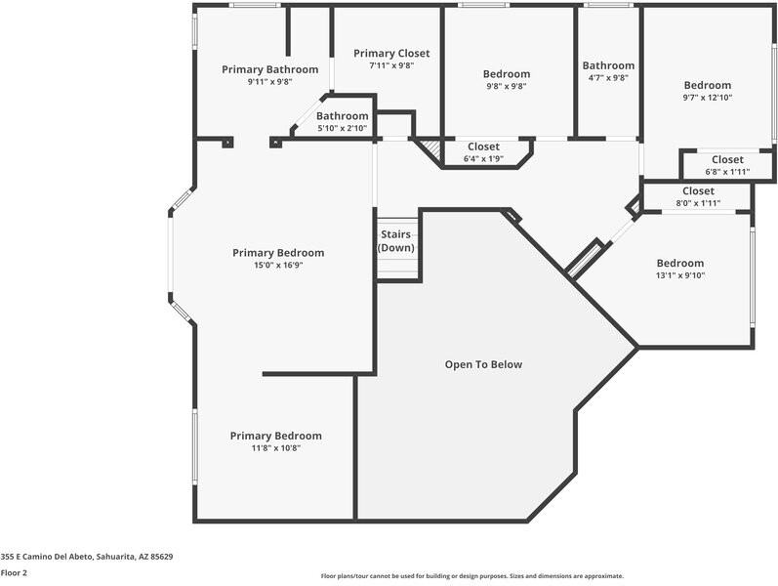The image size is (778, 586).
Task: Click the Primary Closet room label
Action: pos(391,54)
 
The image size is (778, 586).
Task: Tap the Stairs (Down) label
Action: pos(396,241)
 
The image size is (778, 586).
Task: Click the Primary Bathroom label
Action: pos(269,69)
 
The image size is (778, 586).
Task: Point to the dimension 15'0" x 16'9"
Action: pos(278,265)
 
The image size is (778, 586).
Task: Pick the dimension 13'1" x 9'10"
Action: pos(679,275)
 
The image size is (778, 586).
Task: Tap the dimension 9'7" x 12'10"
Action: pos(707,98)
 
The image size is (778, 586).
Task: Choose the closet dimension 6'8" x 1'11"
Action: pos(726,171)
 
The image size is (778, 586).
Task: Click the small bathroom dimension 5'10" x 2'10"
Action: pos(342,128)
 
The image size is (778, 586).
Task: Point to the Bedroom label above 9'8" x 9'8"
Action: pos(507,74)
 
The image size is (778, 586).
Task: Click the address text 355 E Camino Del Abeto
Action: pos(87,557)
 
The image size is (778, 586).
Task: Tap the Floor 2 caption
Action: pos(14,572)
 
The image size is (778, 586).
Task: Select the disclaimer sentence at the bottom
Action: pos(471,576)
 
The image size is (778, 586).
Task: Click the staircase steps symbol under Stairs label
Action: pos(397,268)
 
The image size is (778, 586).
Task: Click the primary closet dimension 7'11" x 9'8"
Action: pos(391,65)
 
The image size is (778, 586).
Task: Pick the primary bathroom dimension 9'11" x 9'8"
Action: pos(269,82)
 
